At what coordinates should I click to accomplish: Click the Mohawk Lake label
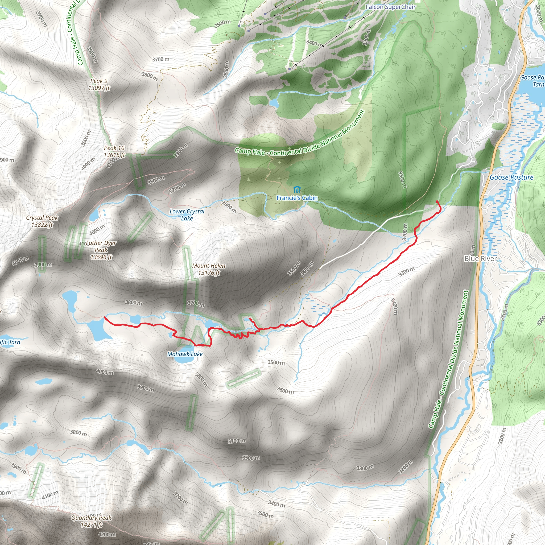click(185, 354)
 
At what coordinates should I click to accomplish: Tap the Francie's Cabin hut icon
click(297, 189)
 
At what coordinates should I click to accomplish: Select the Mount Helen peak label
click(209, 266)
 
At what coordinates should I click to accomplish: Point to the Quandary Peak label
click(91, 518)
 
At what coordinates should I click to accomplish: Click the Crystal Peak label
click(42, 218)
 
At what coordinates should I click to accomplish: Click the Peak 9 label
click(99, 81)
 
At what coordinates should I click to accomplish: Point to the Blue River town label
click(480, 258)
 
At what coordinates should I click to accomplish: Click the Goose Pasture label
click(511, 177)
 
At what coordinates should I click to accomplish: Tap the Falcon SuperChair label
click(390, 7)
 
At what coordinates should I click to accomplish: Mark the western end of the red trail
click(105, 317)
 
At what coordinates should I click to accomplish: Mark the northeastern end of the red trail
click(437, 201)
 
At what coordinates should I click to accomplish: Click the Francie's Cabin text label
click(297, 198)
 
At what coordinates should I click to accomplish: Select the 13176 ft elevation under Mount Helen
click(209, 273)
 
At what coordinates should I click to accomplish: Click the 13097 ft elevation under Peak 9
click(99, 88)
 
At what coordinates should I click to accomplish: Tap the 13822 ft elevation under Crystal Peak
click(42, 225)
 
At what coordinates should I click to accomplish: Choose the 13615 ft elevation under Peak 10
click(114, 155)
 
